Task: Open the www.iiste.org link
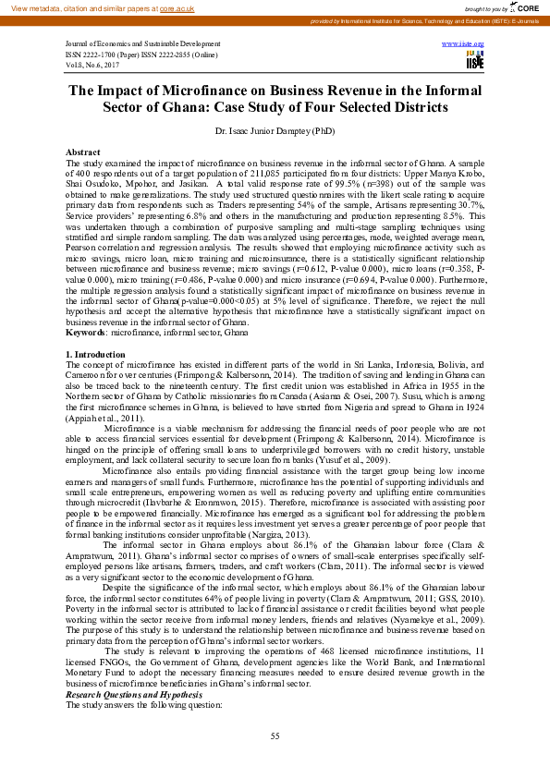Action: tap(471, 43)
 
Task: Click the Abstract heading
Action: tap(82, 151)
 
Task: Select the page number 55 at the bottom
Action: tap(275, 735)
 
